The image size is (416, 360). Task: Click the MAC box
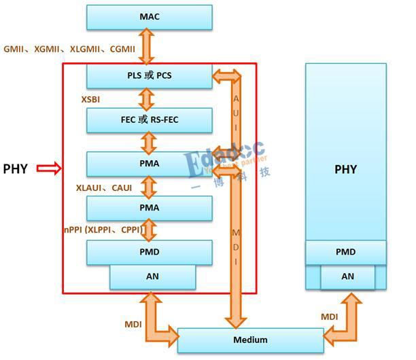point(150,17)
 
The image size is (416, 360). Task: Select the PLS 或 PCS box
point(150,76)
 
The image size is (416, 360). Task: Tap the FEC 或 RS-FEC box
point(150,120)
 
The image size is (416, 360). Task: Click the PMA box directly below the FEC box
point(150,164)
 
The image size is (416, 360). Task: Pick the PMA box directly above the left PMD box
point(150,208)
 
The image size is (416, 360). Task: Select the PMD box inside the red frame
point(150,252)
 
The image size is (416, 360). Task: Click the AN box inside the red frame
point(153,277)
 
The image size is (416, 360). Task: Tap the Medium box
point(250,340)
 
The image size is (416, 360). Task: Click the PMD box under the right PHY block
point(345,252)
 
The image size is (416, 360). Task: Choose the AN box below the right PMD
point(347,276)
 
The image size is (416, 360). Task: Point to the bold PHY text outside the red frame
point(16,168)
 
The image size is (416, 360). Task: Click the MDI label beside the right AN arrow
point(329,317)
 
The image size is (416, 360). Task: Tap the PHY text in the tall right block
point(345,169)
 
